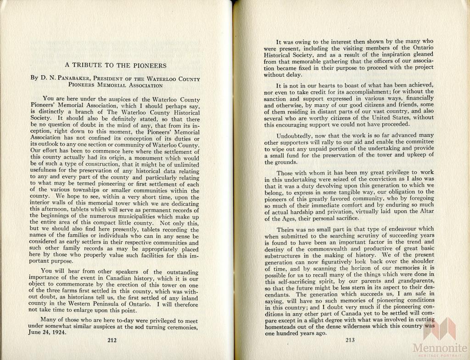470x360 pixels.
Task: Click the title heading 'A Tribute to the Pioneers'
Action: pos(115,66)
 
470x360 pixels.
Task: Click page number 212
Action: pos(112,340)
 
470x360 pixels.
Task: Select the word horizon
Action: pos(353,268)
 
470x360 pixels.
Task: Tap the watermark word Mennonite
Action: pos(441,348)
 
